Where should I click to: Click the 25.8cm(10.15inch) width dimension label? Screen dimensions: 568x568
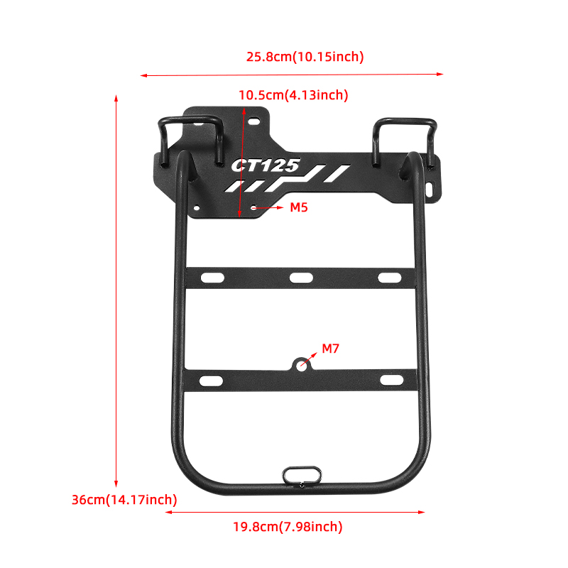tap(305, 57)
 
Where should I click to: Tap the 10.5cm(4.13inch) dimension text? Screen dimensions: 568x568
tap(293, 95)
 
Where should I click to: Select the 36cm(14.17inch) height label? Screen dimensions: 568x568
tap(124, 500)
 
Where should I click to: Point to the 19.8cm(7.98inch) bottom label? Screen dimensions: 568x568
tap(288, 527)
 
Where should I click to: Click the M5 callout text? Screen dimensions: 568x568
tap(299, 207)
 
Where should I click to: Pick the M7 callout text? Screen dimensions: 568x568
tap(330, 349)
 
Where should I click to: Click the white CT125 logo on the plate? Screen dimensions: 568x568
tap(266, 165)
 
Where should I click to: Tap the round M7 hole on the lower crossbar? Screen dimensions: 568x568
tap(301, 366)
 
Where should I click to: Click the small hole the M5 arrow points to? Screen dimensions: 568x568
tap(254, 208)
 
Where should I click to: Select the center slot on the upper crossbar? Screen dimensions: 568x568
tap(301, 278)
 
